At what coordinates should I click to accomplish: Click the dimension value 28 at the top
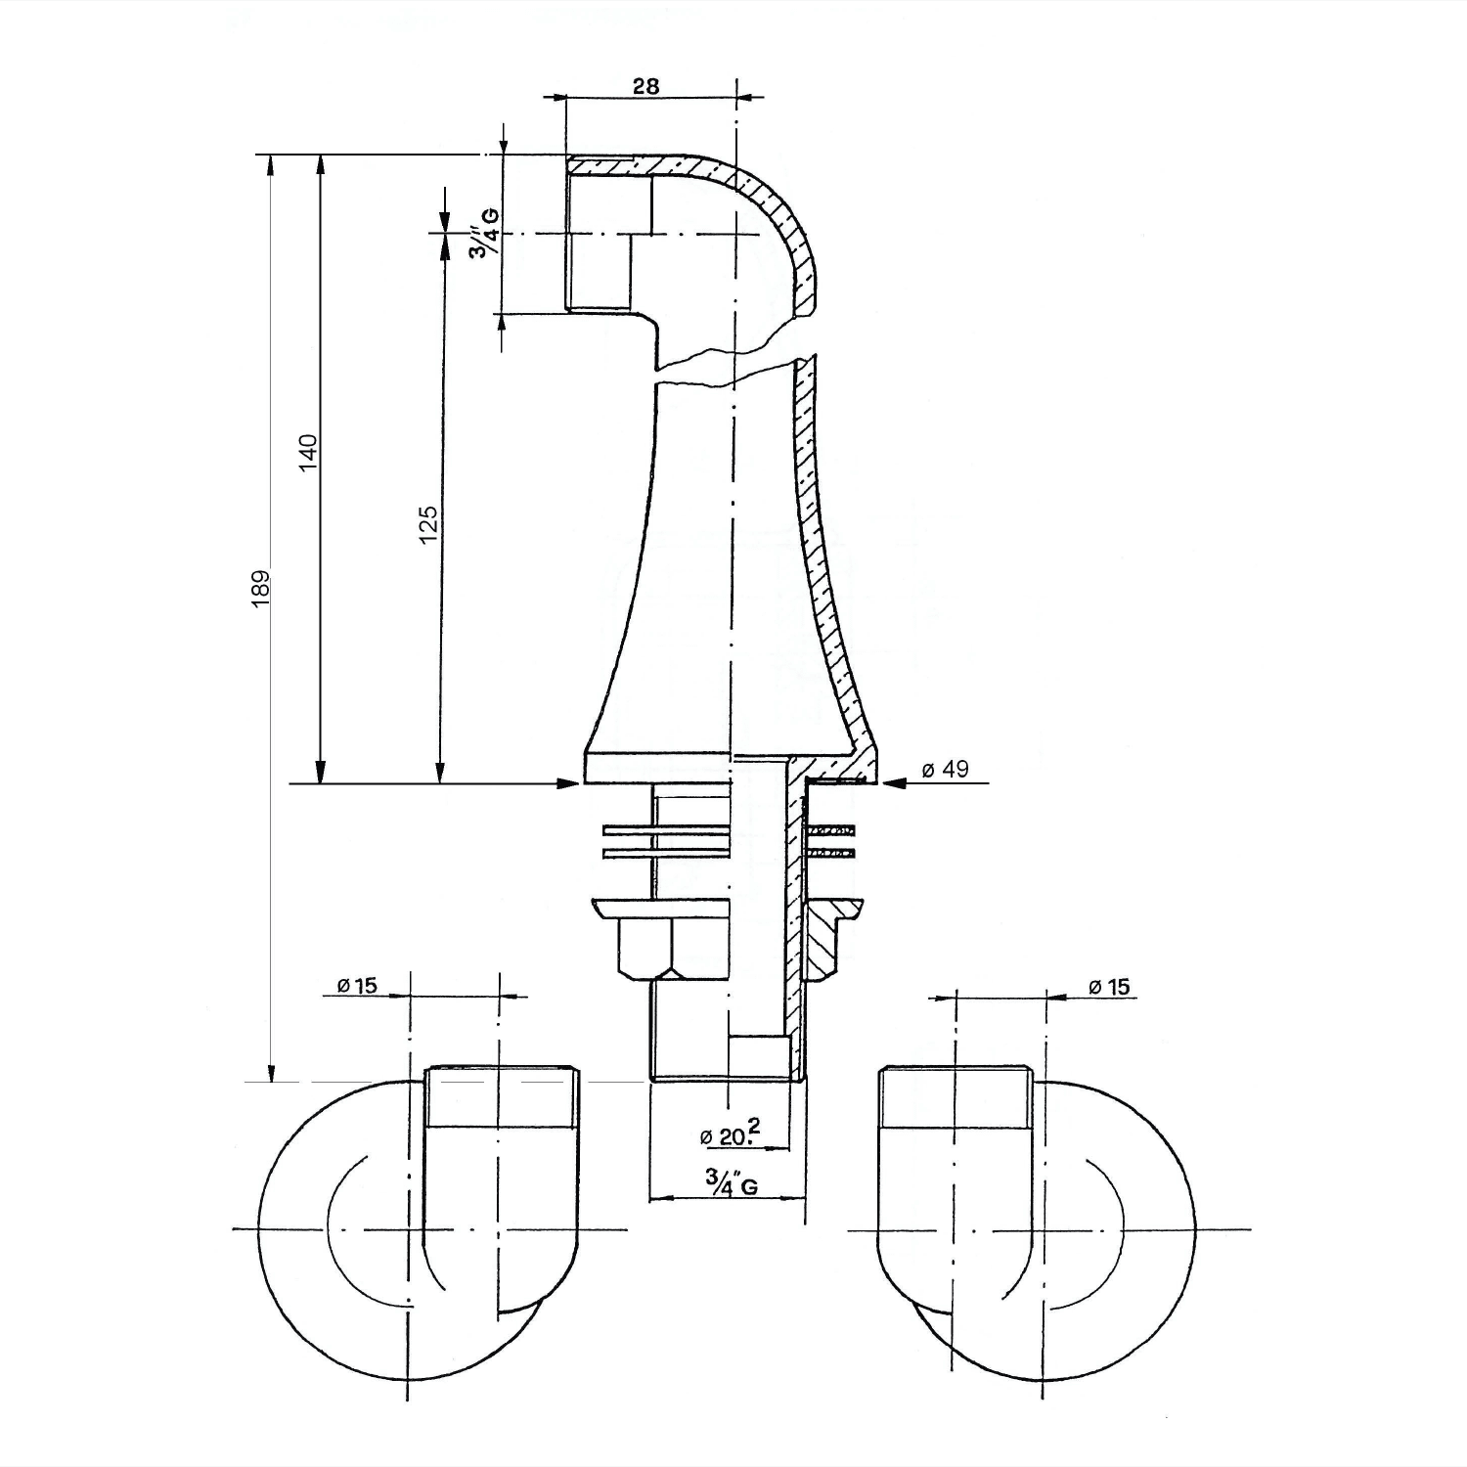tap(645, 85)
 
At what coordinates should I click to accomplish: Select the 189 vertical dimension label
tap(260, 589)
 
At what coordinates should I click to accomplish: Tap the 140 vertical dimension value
tap(309, 452)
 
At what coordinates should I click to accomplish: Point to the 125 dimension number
tap(427, 525)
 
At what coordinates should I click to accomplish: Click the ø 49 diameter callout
tap(945, 769)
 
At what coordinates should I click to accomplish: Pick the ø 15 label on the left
tap(357, 985)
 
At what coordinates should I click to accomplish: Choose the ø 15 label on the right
tap(1109, 987)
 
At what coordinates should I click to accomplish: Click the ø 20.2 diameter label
tap(731, 1134)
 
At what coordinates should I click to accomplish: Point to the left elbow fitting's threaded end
tap(502, 1096)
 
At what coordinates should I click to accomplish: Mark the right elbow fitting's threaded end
tap(956, 1096)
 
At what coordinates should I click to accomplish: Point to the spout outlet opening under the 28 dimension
tap(598, 235)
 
